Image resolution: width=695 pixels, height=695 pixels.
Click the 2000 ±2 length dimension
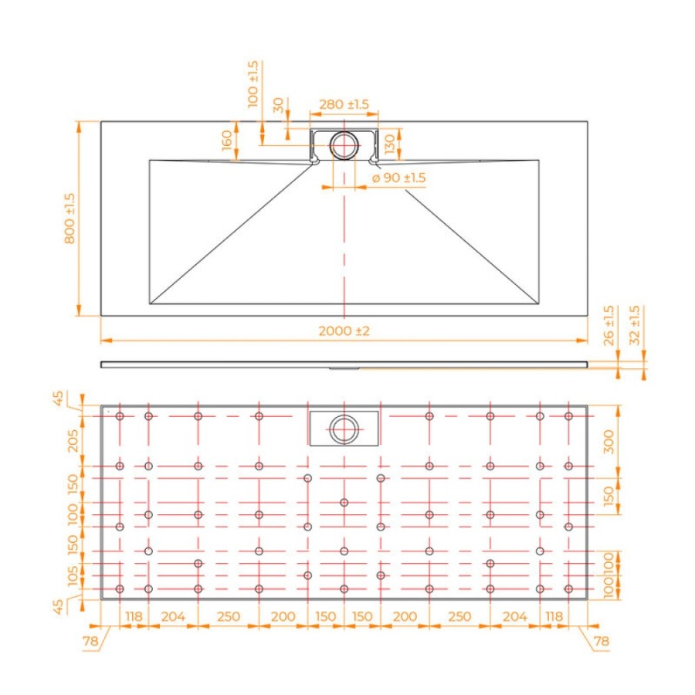(x=344, y=331)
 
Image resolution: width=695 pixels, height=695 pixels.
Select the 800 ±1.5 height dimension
(x=70, y=219)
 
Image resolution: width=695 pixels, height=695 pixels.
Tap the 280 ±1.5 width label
(x=344, y=104)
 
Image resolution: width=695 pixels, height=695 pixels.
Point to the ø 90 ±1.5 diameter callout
(x=398, y=178)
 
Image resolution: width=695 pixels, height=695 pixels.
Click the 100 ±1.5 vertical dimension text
(x=253, y=84)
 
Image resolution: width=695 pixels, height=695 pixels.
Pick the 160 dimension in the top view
(x=226, y=140)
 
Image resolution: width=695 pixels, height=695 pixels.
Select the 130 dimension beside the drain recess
(x=390, y=144)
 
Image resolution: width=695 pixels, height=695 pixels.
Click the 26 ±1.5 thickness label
(x=609, y=325)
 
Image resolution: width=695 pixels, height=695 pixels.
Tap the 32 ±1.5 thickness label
(x=635, y=325)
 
